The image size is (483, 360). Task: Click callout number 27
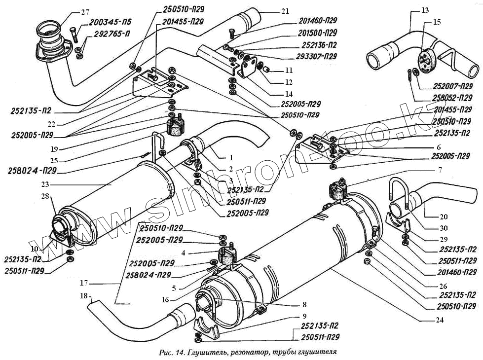85,12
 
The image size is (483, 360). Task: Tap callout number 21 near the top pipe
286,11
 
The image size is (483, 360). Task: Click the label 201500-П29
318,34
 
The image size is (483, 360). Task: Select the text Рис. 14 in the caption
172,352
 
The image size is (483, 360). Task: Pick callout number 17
84,283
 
